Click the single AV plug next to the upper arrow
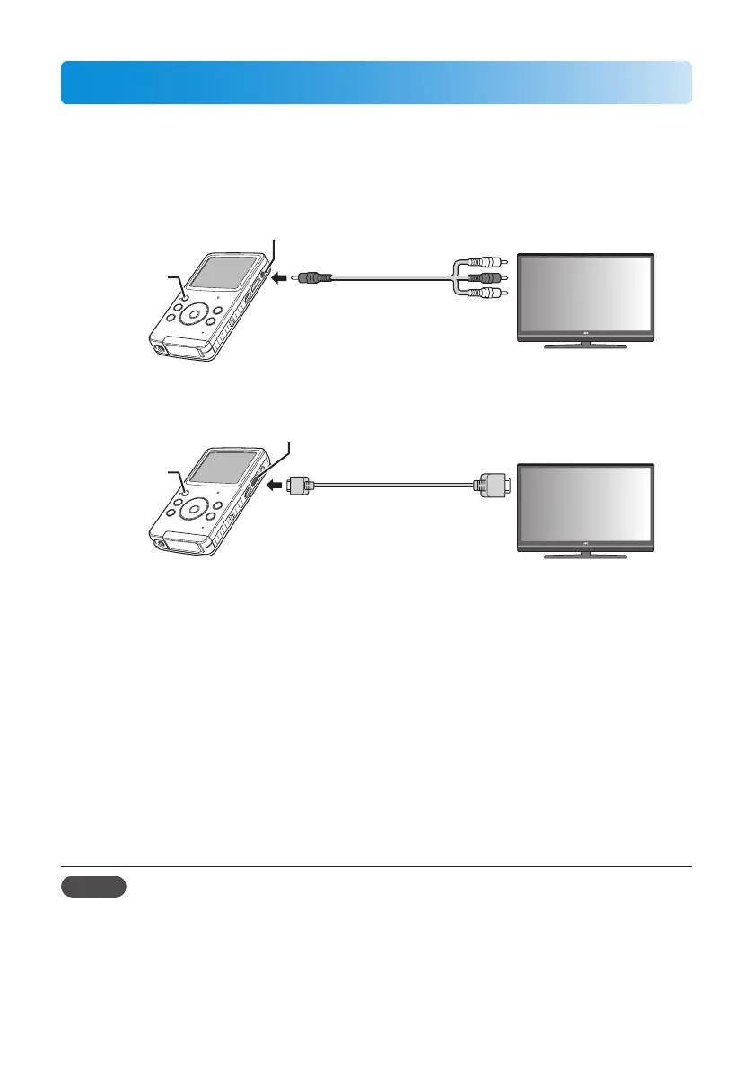[316, 278]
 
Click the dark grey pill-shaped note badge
[94, 888]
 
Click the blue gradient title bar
[376, 83]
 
